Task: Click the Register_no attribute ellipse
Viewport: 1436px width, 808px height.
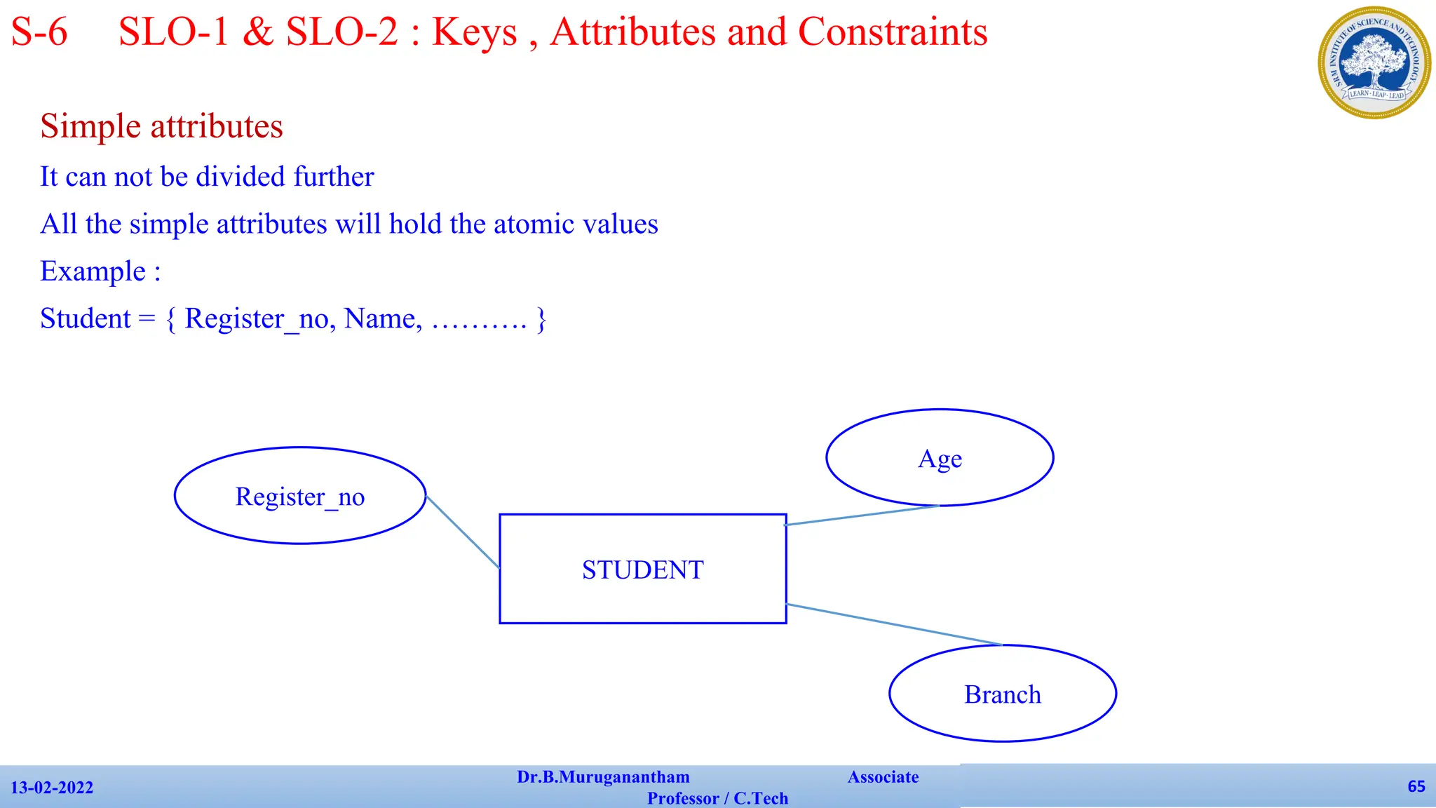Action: point(300,496)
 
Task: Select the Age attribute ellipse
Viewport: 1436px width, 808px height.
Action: point(940,458)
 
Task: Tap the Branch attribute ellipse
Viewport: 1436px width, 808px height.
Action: point(1003,694)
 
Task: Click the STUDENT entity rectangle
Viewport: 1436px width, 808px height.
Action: point(642,569)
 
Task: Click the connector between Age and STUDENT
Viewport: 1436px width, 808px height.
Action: point(862,515)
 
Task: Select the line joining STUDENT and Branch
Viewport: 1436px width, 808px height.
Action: point(894,624)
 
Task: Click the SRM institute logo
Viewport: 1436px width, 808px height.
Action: point(1374,62)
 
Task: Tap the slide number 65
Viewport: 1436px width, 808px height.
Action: point(1416,786)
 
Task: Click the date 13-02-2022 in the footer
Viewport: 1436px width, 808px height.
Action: point(52,788)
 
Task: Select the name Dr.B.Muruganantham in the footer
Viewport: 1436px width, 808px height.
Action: point(603,777)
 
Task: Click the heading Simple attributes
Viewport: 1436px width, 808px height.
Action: point(161,126)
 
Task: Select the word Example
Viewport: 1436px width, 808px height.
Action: point(93,271)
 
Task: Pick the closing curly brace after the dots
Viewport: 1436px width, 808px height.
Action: point(541,319)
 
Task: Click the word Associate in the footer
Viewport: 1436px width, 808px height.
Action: point(883,777)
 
